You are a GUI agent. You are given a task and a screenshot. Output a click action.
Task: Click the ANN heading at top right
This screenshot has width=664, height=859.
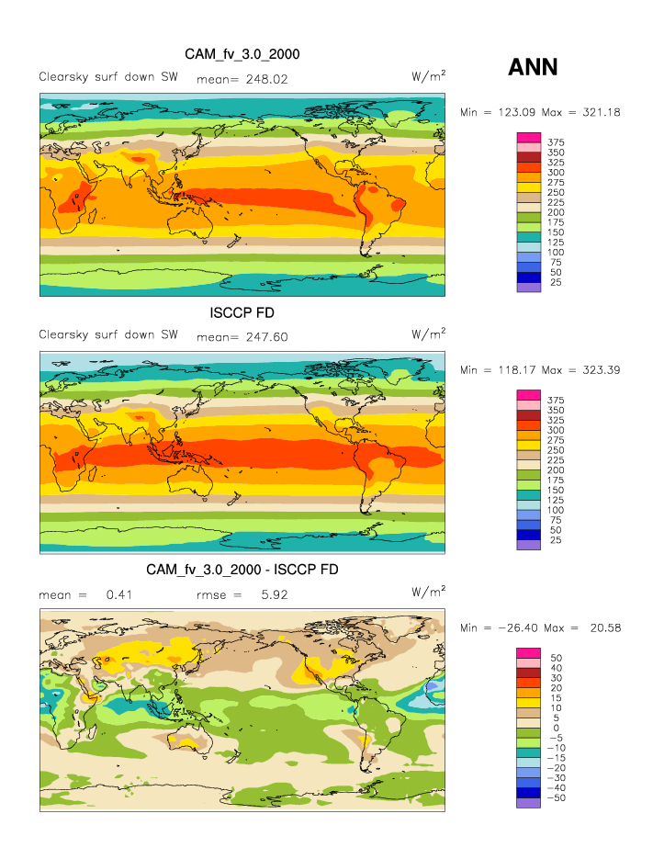point(533,66)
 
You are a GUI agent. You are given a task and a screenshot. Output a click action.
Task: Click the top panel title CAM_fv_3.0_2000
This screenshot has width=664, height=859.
point(242,55)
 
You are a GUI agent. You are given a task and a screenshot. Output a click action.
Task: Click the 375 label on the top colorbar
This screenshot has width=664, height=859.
point(556,142)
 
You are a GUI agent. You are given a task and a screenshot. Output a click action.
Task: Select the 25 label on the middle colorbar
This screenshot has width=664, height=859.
point(556,540)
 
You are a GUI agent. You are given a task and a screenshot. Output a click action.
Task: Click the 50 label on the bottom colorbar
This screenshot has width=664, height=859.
point(556,658)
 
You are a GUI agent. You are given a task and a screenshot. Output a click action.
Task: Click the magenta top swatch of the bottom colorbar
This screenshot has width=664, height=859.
point(529,652)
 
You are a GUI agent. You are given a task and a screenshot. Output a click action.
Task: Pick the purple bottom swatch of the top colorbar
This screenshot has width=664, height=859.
point(529,288)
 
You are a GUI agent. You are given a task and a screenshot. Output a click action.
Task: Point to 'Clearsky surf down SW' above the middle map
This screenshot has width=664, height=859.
point(108,334)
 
